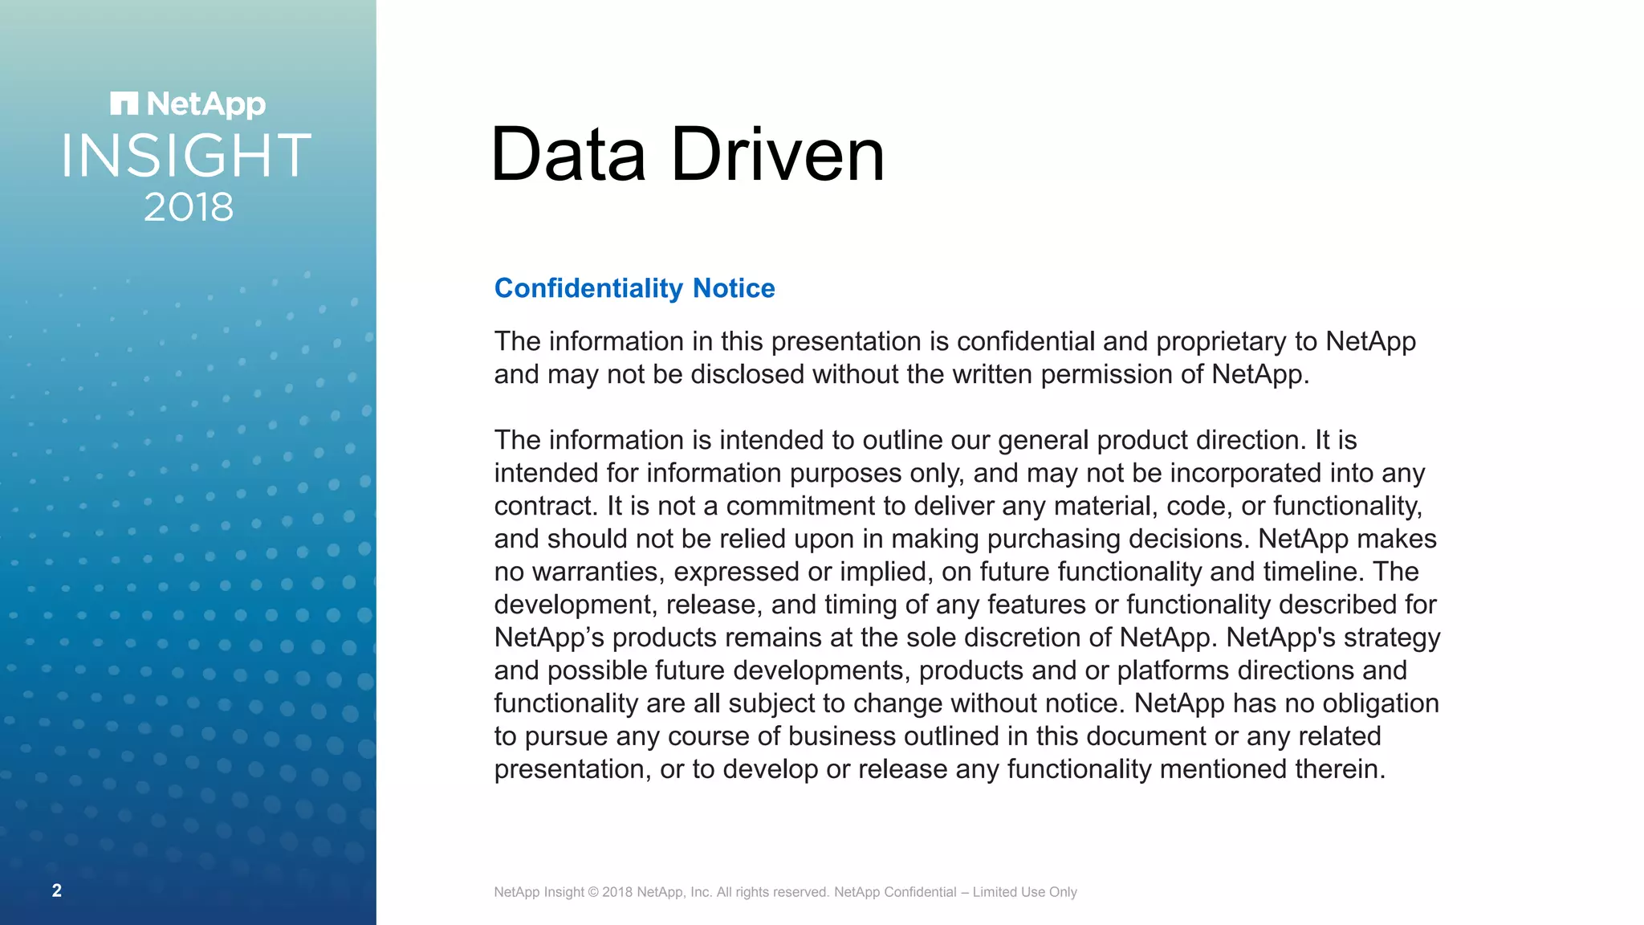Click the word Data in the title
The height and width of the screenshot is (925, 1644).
pos(568,154)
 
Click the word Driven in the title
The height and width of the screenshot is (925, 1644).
pos(777,154)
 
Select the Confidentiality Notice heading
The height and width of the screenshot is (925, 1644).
pos(634,288)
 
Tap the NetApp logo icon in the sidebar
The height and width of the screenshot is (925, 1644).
pos(124,104)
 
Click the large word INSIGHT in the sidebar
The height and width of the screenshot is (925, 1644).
pos(186,156)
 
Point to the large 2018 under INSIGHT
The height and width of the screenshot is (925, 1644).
pos(189,207)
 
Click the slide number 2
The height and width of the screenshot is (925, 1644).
pos(57,890)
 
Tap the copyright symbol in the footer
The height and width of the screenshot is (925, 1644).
pos(593,892)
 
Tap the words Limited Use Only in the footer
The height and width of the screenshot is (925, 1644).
pos(1024,892)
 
